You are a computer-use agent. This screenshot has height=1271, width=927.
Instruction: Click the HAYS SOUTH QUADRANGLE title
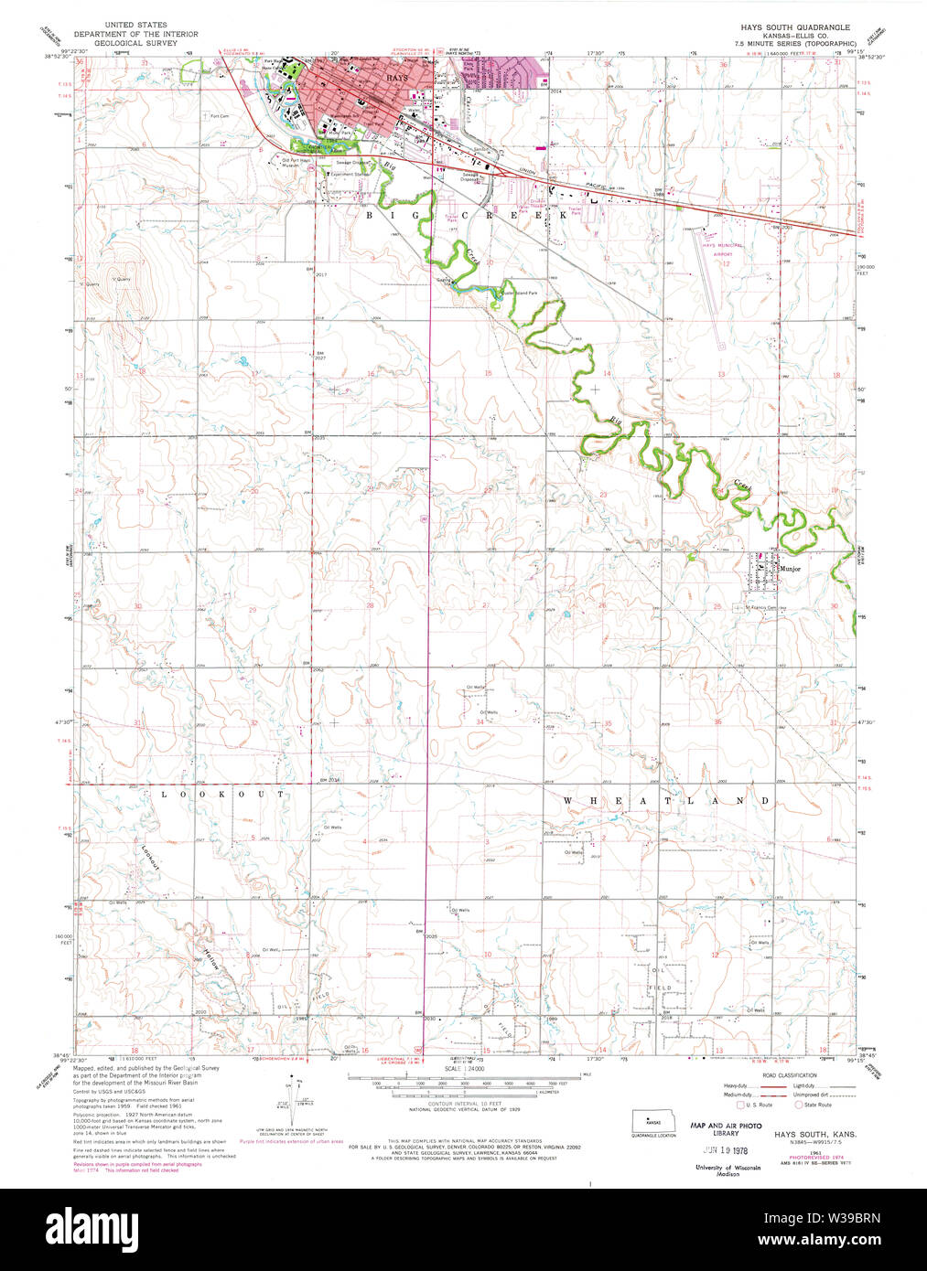(794, 27)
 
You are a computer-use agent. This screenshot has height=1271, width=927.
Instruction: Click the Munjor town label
(790, 570)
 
